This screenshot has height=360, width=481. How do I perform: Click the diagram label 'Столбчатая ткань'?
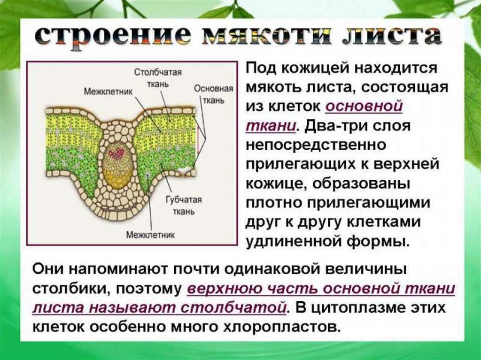pyautogui.click(x=158, y=78)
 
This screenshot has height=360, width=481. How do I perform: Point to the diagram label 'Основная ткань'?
pyautogui.click(x=214, y=94)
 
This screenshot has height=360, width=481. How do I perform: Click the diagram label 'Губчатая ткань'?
pyautogui.click(x=184, y=206)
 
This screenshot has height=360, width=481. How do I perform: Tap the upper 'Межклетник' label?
pyautogui.click(x=108, y=92)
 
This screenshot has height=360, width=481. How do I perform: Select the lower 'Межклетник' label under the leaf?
pyautogui.click(x=150, y=235)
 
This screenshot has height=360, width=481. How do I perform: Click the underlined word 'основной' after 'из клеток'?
pyautogui.click(x=364, y=107)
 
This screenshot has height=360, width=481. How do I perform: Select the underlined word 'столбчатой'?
pyautogui.click(x=234, y=307)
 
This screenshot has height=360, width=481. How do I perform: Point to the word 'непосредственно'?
pyautogui.click(x=316, y=145)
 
